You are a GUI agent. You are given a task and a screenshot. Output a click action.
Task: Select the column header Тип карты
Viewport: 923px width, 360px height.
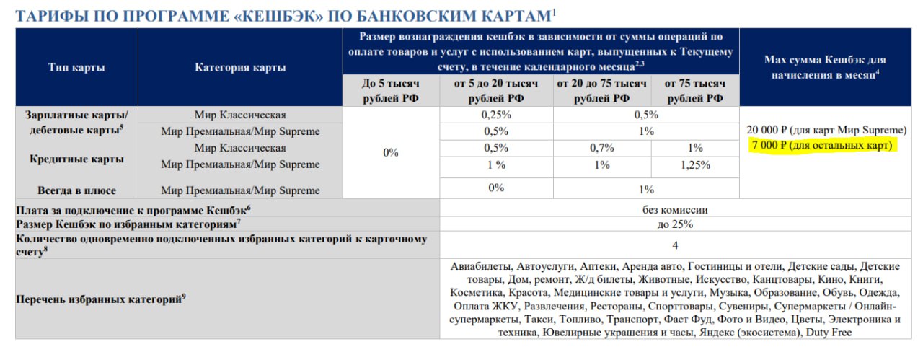point(76,67)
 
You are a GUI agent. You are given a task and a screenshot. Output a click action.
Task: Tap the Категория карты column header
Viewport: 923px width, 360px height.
point(240,67)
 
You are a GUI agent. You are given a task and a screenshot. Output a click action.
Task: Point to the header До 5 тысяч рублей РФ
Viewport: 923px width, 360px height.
point(390,91)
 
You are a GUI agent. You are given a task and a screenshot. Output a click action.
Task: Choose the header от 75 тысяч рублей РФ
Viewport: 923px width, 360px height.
point(694,91)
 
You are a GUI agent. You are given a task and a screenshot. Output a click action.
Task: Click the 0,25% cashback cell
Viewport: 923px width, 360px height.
point(495,115)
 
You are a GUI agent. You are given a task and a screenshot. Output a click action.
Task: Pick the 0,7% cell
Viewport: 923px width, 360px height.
point(601,148)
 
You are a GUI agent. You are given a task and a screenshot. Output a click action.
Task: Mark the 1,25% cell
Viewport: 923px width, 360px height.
point(694,164)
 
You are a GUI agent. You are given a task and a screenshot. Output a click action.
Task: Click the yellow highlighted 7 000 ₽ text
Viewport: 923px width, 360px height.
point(822,146)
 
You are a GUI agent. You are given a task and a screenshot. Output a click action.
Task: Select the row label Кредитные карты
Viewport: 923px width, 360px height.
point(76,159)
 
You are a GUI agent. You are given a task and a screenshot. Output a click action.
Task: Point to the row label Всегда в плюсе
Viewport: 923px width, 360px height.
point(76,190)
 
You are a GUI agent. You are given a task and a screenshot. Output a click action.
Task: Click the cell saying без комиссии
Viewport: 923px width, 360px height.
point(675,210)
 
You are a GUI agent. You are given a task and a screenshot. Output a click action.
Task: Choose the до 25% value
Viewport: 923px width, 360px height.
point(675,224)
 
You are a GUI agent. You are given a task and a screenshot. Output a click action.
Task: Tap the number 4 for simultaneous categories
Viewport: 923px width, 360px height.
point(675,245)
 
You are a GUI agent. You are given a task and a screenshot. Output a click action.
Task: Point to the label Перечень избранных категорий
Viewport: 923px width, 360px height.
point(100,298)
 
